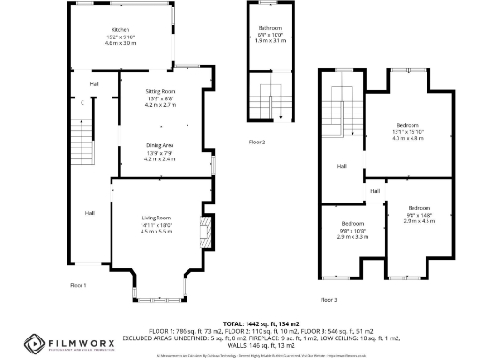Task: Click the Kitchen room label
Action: (121, 30)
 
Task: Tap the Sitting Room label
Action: (160, 90)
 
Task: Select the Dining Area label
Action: (159, 144)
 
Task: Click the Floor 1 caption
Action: (79, 284)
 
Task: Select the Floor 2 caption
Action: (257, 142)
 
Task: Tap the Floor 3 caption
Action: (328, 300)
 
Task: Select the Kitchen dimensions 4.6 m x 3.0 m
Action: (121, 44)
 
